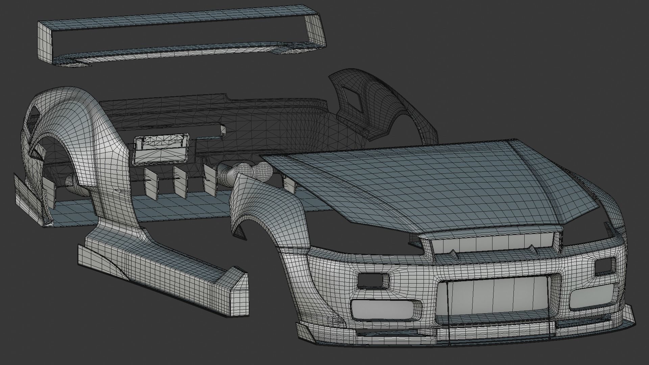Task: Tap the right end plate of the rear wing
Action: click(x=316, y=32)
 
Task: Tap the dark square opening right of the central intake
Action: click(x=605, y=266)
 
